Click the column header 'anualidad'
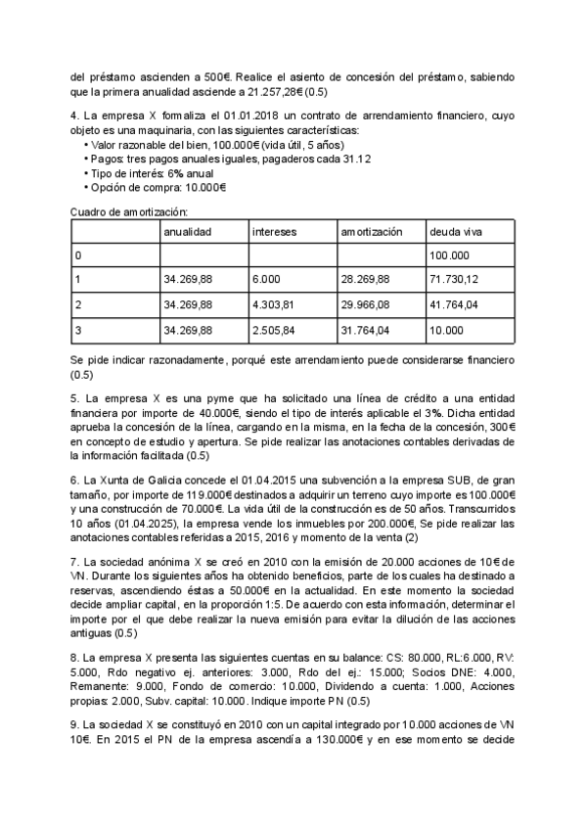pos(187,232)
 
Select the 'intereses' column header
pos(275,232)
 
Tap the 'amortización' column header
pos(372,232)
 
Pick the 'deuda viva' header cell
pos(455,232)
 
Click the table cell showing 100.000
pos(449,255)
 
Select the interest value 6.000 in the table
pos(265,280)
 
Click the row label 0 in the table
pos(78,255)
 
